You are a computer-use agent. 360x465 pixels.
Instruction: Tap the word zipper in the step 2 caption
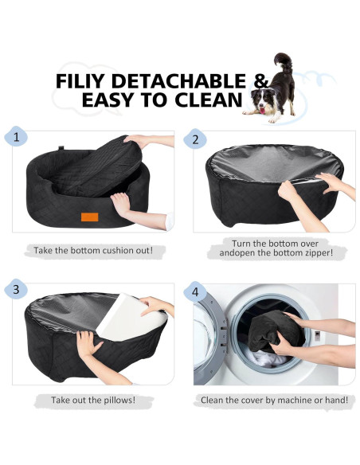[302, 254]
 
